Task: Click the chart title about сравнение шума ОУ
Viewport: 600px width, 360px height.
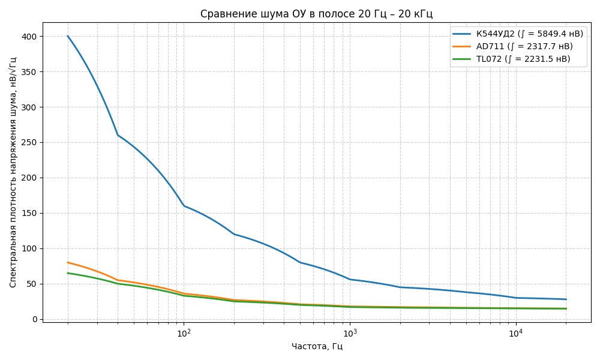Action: [316, 14]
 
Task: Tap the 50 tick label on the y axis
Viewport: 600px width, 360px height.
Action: [32, 284]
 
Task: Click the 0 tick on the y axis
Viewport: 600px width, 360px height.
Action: [34, 319]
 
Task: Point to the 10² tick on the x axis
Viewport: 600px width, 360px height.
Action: [184, 332]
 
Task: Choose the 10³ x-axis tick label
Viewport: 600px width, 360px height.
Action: [349, 332]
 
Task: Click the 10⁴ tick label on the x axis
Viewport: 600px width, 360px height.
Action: [515, 332]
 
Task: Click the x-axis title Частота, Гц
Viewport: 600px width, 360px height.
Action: [316, 346]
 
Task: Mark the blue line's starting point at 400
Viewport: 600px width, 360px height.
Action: [68, 36]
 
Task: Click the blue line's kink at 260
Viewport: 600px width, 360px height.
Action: [118, 135]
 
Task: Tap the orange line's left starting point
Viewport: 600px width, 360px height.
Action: [68, 262]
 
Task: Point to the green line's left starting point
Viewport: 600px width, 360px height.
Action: [68, 273]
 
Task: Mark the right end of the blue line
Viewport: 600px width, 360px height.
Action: [566, 299]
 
